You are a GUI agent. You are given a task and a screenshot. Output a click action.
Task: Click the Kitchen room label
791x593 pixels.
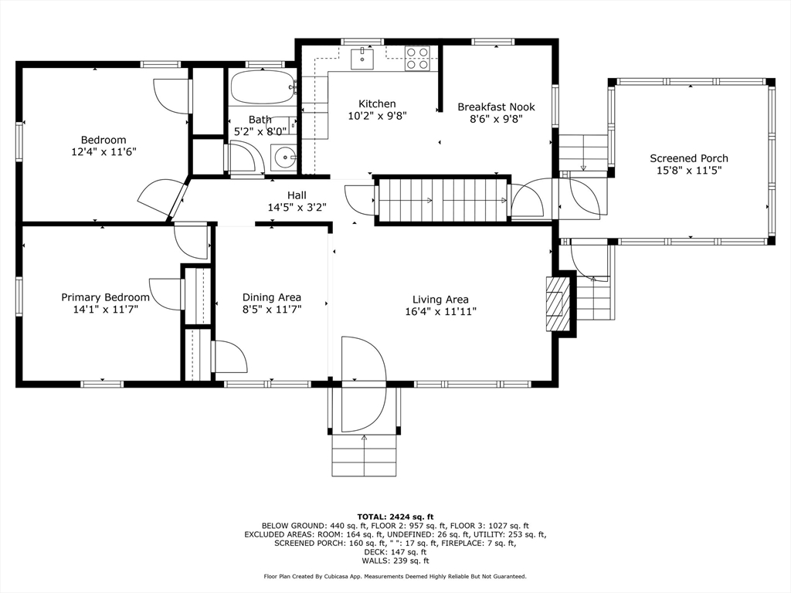377,103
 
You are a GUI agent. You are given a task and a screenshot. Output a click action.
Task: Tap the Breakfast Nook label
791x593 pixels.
496,107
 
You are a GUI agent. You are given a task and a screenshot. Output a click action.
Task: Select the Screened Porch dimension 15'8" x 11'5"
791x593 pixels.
688,171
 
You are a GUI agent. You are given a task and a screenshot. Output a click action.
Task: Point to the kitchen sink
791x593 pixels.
362,58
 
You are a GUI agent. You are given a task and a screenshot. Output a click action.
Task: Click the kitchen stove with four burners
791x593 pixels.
418,59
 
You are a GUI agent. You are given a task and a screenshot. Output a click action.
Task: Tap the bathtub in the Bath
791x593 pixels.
263,88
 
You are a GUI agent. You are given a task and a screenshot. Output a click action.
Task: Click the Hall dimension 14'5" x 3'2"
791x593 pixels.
297,208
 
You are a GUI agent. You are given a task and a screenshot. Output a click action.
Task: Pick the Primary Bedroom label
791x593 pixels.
105,297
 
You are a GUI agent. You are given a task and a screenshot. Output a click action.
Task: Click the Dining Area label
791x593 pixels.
272,297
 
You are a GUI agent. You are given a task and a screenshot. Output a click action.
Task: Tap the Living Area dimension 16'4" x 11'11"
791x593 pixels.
440,312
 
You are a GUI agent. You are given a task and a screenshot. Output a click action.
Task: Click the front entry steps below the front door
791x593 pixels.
364,456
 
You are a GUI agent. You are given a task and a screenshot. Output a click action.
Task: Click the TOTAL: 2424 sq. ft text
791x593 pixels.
395,517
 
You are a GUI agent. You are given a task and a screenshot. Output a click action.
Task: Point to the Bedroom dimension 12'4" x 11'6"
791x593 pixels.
104,153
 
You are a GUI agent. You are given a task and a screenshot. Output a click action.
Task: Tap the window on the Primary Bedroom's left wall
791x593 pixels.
19,296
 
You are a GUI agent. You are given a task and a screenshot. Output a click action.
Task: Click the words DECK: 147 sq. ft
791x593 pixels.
395,552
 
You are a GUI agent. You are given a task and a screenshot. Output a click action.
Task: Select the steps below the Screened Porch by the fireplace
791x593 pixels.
593,297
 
